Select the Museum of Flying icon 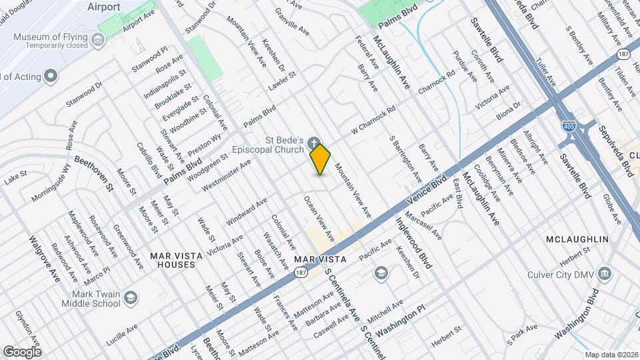[x=99, y=41]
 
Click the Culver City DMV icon [x=605, y=273]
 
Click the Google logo [x=22, y=351]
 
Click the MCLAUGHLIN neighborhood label [x=577, y=239]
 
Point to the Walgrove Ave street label [x=45, y=258]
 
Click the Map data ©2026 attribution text [x=611, y=355]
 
